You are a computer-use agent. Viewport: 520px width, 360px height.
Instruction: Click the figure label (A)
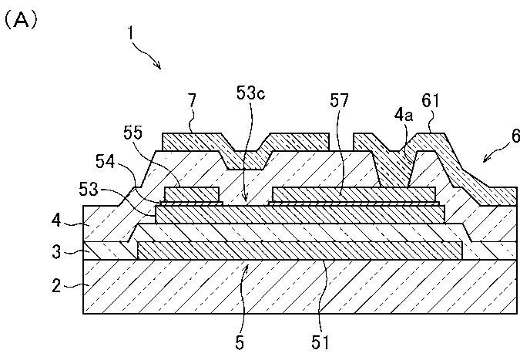tap(21, 21)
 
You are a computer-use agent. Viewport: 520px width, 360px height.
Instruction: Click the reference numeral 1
tap(131, 33)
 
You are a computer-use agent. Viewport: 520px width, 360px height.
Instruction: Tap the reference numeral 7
tap(192, 100)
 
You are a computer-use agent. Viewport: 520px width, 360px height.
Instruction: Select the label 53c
tap(250, 93)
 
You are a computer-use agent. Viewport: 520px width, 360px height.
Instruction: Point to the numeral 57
tap(340, 100)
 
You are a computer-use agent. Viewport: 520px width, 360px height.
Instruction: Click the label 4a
tap(404, 115)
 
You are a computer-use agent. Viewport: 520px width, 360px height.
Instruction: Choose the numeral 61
tap(431, 100)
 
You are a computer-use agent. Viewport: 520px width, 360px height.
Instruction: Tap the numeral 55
tap(133, 133)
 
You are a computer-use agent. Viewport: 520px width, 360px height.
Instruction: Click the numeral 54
tap(105, 162)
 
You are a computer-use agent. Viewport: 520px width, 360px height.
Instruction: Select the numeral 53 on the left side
tap(89, 190)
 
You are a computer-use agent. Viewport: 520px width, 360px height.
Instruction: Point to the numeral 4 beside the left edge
tap(56, 220)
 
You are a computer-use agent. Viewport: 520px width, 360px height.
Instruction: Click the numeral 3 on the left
tap(57, 252)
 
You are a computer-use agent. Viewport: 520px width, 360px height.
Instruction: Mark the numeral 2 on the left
tap(57, 285)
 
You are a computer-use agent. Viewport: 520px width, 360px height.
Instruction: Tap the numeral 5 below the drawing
tap(240, 343)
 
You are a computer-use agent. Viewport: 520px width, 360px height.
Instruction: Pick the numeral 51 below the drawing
tap(320, 342)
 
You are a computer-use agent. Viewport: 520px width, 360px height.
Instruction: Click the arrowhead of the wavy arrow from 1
tap(159, 67)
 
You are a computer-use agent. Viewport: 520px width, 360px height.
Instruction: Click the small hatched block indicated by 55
tap(192, 194)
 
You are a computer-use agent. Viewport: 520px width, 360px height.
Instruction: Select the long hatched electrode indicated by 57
tap(354, 194)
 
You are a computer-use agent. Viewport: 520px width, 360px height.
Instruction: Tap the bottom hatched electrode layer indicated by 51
tap(300, 251)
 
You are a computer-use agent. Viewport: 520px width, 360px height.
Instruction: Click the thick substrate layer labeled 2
tap(300, 287)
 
